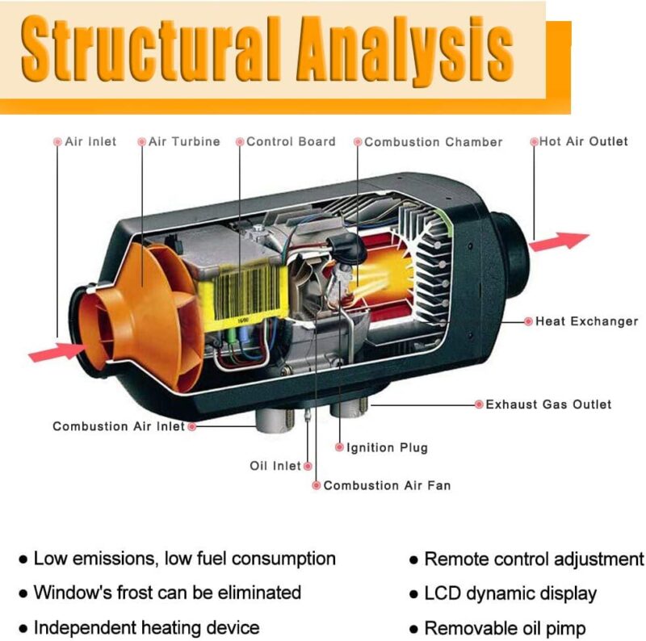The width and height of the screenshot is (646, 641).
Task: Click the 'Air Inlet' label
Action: (90, 141)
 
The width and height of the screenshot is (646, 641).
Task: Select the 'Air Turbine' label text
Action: (184, 141)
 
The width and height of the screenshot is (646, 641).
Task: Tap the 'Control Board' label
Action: (291, 141)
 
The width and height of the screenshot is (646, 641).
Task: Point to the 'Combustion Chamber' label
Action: (433, 142)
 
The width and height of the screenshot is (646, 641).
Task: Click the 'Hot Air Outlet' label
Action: (583, 141)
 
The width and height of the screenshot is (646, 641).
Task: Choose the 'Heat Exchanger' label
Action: (586, 321)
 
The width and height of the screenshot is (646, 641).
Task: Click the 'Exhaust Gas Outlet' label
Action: (548, 404)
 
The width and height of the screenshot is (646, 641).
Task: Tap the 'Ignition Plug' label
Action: (387, 447)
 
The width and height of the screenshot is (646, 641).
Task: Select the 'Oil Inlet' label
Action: (275, 466)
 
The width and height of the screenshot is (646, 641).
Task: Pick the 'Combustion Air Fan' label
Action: (387, 485)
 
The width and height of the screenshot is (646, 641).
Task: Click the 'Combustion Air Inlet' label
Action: (119, 426)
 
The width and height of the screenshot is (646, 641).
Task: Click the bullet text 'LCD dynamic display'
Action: (510, 593)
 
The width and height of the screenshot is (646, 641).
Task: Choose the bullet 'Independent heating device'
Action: (146, 627)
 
